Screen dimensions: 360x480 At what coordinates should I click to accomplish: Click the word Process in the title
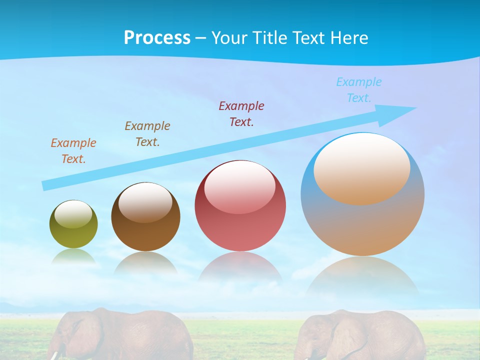[x=157, y=38]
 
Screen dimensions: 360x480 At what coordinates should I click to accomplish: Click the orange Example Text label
[x=73, y=151]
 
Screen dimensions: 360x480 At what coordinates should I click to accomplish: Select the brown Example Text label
[x=147, y=134]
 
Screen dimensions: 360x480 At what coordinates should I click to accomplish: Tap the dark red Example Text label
[x=241, y=114]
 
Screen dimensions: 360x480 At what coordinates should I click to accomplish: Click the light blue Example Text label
[x=359, y=90]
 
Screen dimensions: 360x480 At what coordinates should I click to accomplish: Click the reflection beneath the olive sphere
[x=73, y=256]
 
